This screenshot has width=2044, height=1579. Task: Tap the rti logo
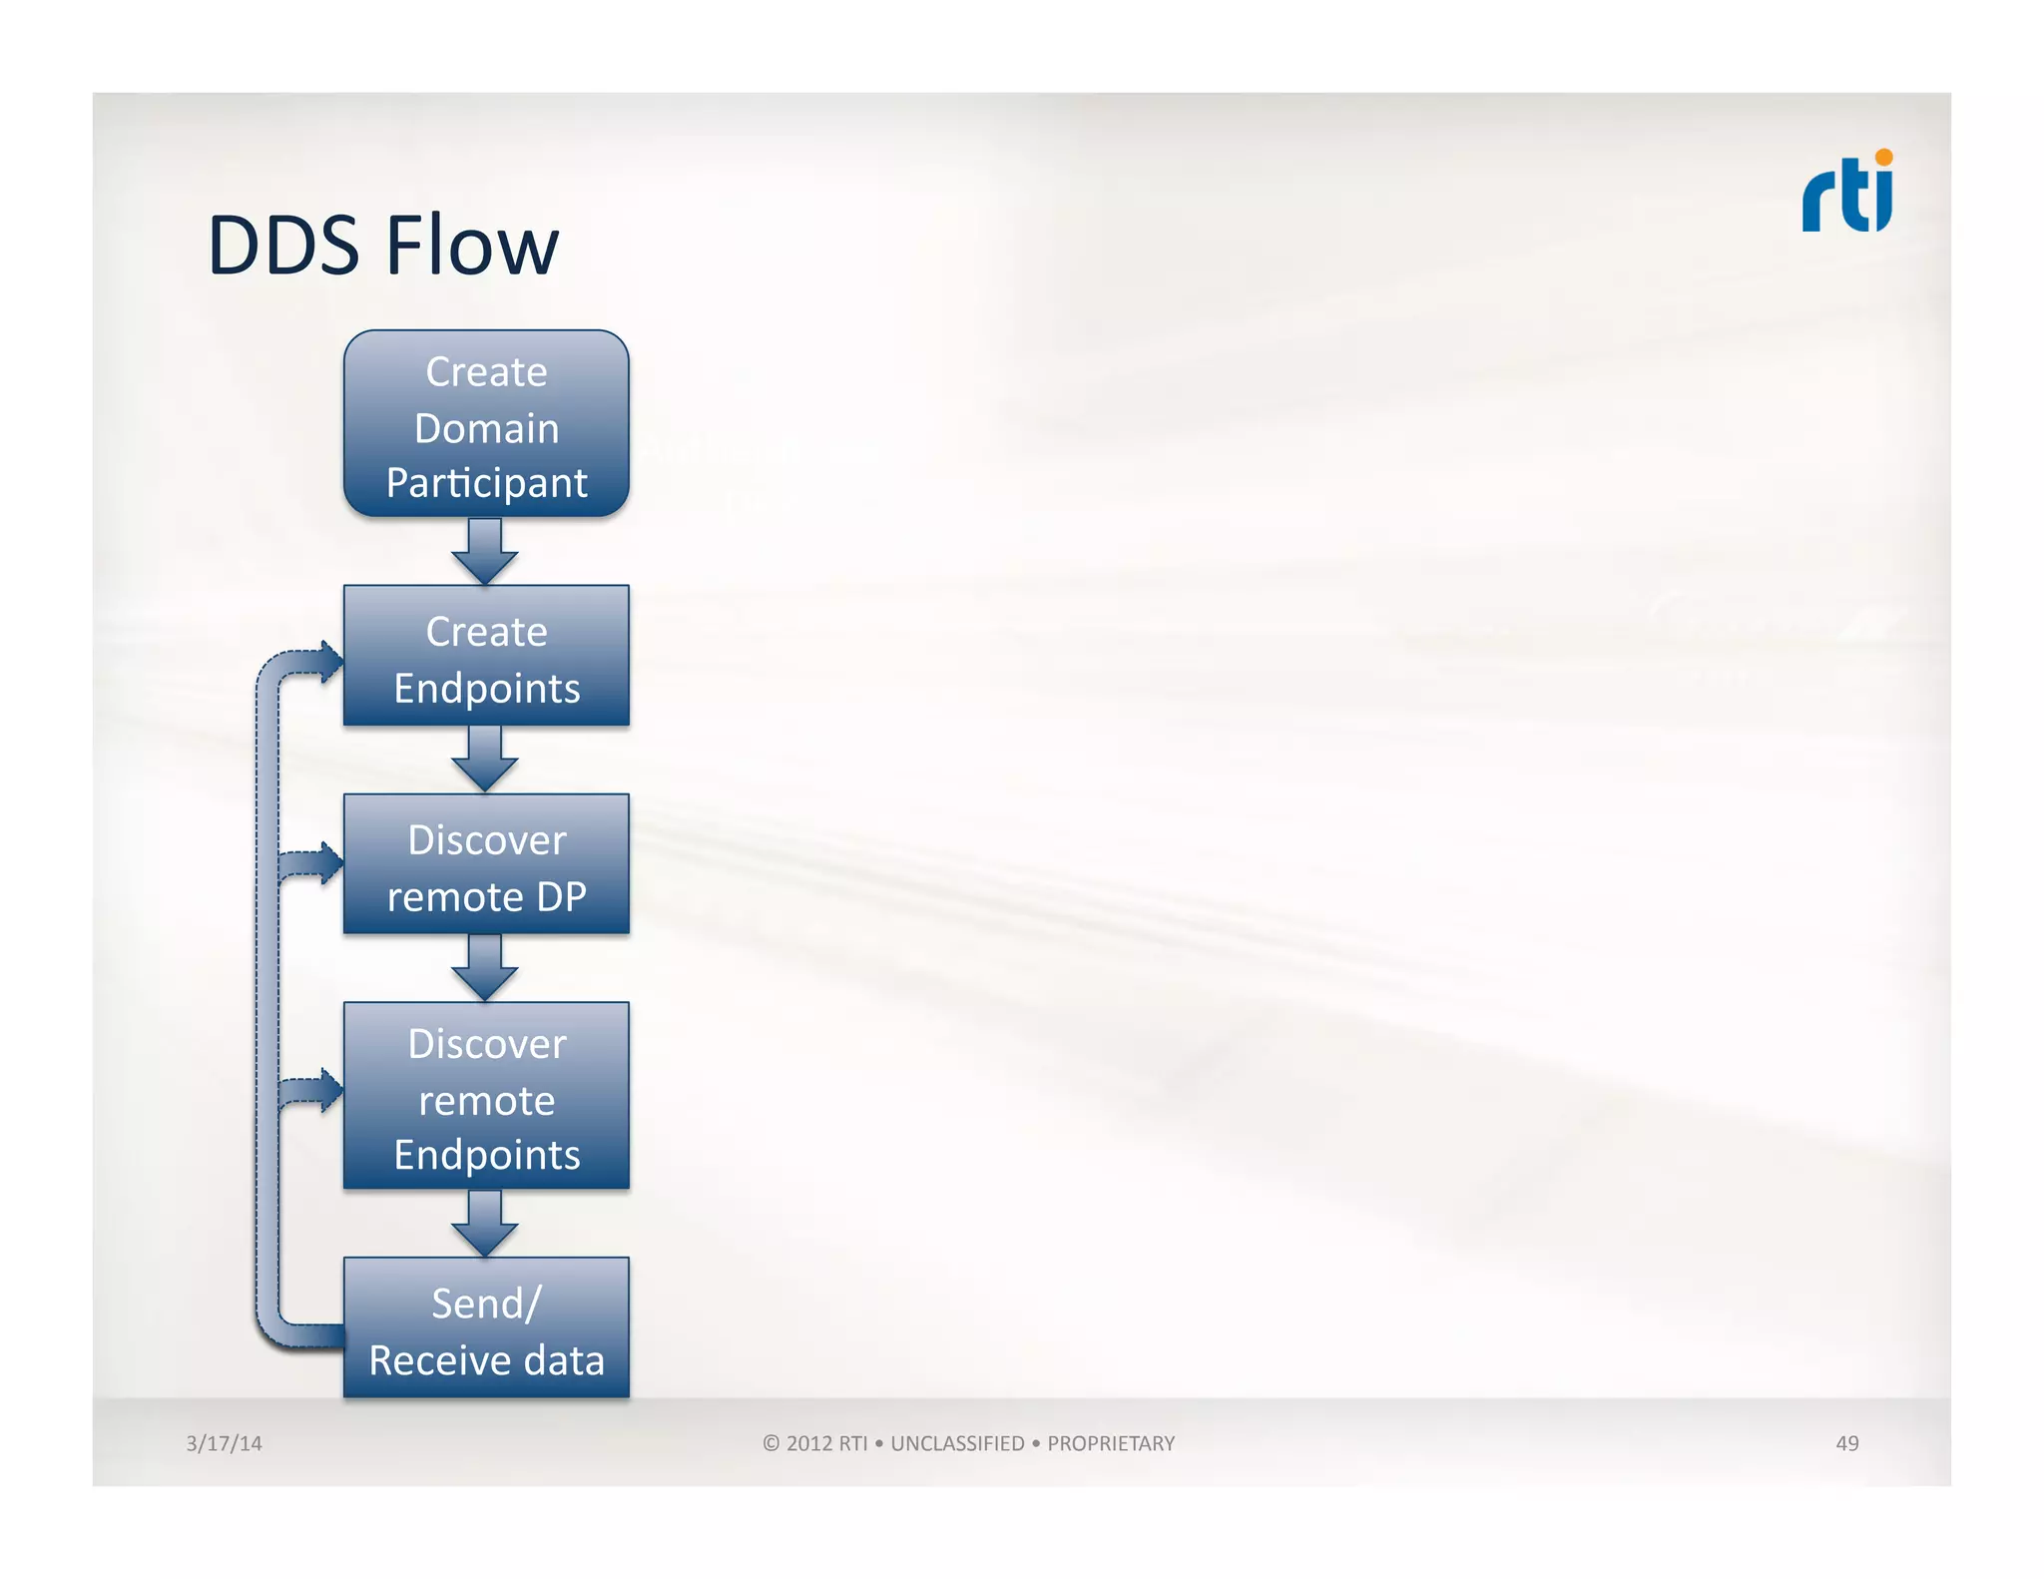coord(1845,195)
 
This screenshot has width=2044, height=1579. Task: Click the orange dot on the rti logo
coord(1883,157)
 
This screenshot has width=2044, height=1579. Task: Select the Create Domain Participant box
coord(486,424)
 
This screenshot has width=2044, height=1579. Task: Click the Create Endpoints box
coord(486,656)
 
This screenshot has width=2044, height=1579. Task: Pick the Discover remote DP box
coord(486,864)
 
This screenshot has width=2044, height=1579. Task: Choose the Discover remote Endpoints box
coord(486,1096)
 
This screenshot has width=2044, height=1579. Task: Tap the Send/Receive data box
coord(486,1327)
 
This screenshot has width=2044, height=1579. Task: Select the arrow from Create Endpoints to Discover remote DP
coord(485,760)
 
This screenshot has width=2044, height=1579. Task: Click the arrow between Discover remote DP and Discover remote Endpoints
coord(485,968)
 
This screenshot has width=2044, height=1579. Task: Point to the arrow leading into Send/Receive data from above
coord(485,1224)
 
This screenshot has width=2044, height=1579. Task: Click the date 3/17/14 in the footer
coord(224,1443)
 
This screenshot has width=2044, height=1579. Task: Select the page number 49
coord(1846,1443)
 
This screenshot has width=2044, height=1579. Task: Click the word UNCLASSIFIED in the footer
coord(956,1443)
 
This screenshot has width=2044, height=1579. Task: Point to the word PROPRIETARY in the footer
coord(1111,1443)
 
